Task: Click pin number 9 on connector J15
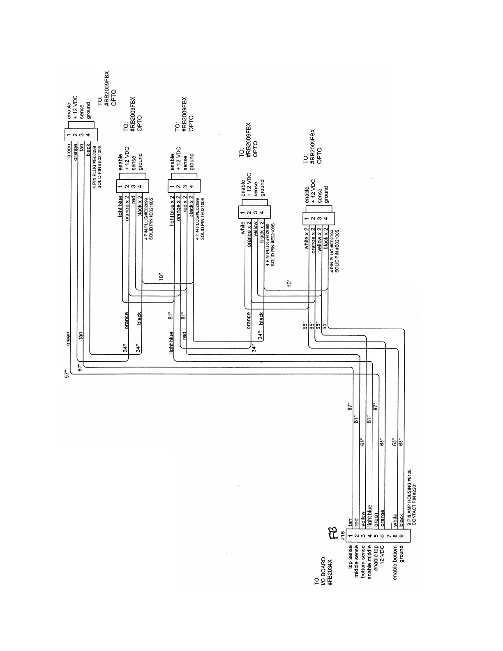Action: (x=401, y=536)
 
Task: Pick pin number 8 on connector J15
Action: (x=395, y=536)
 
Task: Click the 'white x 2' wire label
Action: (x=307, y=238)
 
